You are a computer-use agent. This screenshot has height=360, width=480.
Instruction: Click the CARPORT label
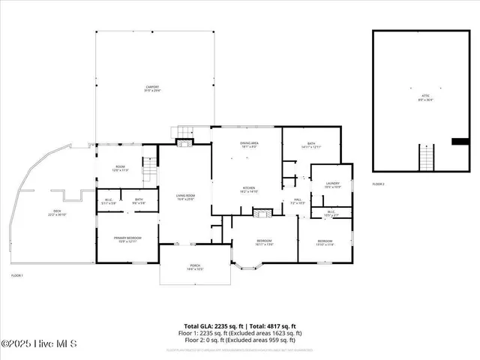coord(152,88)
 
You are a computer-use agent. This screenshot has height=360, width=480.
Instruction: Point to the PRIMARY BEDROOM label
coord(127,239)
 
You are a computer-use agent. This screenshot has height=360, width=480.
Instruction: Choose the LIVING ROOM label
coord(185,197)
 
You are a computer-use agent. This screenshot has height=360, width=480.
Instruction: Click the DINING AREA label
coord(250,145)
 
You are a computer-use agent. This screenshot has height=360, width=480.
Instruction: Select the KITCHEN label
coord(249,190)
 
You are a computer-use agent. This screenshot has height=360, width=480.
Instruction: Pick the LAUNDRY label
coord(333,184)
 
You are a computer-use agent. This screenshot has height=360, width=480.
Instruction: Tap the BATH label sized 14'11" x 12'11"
coord(311,145)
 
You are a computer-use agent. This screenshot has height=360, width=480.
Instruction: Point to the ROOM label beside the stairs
coord(120,169)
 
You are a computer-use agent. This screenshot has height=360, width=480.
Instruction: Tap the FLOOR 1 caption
coord(16,276)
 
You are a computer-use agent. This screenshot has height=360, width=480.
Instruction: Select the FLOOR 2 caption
coord(379,184)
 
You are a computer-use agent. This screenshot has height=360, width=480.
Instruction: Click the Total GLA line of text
coord(239,326)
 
